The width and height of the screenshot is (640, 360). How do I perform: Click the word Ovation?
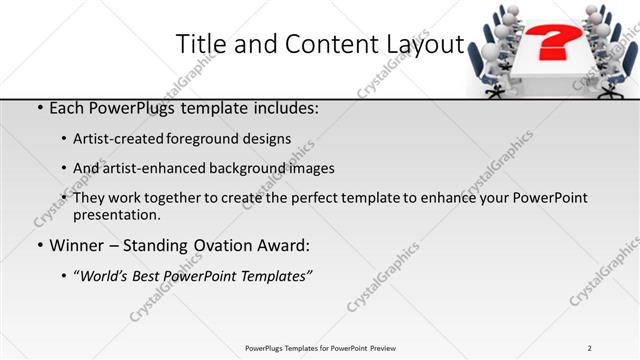click(x=228, y=245)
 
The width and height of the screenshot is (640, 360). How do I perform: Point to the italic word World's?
click(x=104, y=275)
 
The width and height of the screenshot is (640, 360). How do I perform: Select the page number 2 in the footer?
click(x=590, y=348)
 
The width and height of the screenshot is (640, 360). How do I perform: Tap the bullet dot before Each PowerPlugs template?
click(x=39, y=108)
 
